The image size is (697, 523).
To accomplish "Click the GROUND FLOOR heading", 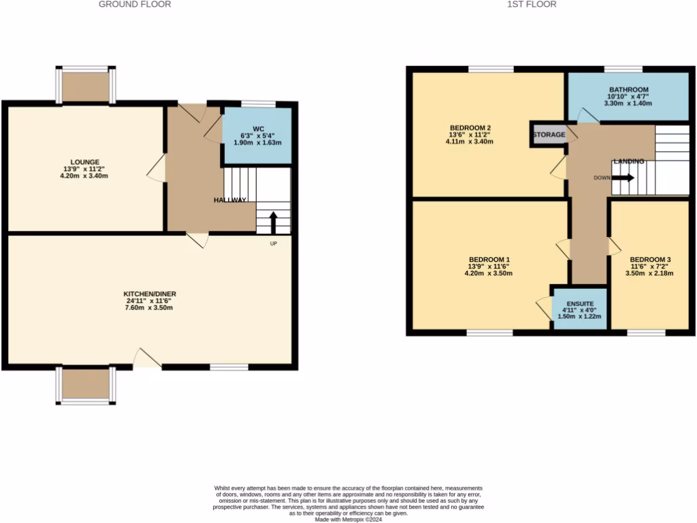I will [135, 4].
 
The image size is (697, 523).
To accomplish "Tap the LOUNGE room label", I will [84, 162].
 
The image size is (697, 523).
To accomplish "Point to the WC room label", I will [258, 129].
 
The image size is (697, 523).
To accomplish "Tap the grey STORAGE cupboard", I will [549, 135].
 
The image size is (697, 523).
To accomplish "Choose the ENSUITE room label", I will [579, 303].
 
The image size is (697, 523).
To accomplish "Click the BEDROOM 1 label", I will [489, 259].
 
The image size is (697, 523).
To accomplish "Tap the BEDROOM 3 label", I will [650, 259].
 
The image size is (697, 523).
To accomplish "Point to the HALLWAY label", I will [230, 200].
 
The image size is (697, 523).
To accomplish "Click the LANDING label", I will [628, 161].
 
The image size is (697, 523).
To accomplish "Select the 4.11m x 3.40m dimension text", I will [470, 142].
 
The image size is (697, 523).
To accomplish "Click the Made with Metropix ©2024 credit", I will [348, 519].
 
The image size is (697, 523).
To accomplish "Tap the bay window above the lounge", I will [86, 85].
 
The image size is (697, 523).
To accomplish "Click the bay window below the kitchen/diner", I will [86, 386].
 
